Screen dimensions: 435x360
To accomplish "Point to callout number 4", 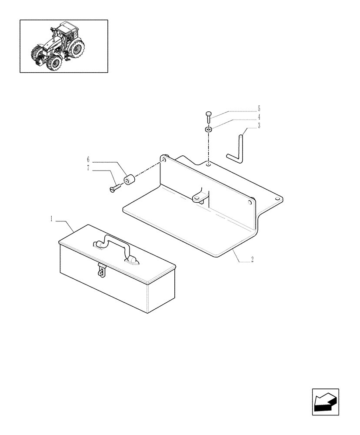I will click(259, 117).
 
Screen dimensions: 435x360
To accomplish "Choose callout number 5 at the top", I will click(259, 108).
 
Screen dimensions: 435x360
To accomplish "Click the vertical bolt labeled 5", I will click(209, 117).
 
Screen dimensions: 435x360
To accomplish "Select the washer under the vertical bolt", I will click(209, 130).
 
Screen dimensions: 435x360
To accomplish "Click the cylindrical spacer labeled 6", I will click(129, 179).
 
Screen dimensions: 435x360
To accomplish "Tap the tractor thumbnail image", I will click(64, 46).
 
